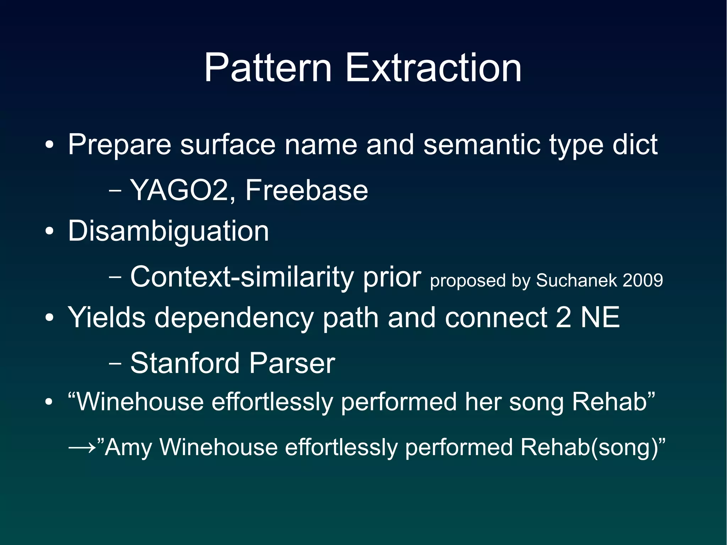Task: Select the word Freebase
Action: pyautogui.click(x=306, y=190)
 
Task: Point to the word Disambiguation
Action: pyautogui.click(x=168, y=231)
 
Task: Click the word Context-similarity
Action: pyautogui.click(x=241, y=277)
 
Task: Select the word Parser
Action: pyautogui.click(x=292, y=363)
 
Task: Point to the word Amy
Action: pyautogui.click(x=129, y=447)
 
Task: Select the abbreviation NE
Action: pyautogui.click(x=600, y=317)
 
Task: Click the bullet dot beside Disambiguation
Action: pyautogui.click(x=49, y=232)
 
